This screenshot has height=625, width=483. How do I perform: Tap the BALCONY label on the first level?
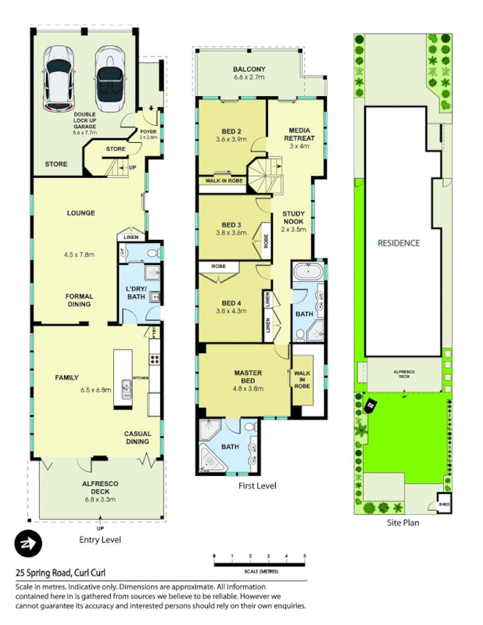point(249,73)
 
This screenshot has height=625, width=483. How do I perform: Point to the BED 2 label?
point(230,134)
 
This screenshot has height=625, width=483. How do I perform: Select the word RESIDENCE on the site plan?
point(399,243)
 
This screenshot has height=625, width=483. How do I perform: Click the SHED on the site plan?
point(445,503)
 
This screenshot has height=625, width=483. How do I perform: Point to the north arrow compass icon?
point(27,544)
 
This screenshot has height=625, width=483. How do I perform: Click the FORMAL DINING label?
point(79,300)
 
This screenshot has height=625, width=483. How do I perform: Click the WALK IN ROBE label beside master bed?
point(302,380)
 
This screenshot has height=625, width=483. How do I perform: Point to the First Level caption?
point(257,486)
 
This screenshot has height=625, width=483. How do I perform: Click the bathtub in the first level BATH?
point(306,273)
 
